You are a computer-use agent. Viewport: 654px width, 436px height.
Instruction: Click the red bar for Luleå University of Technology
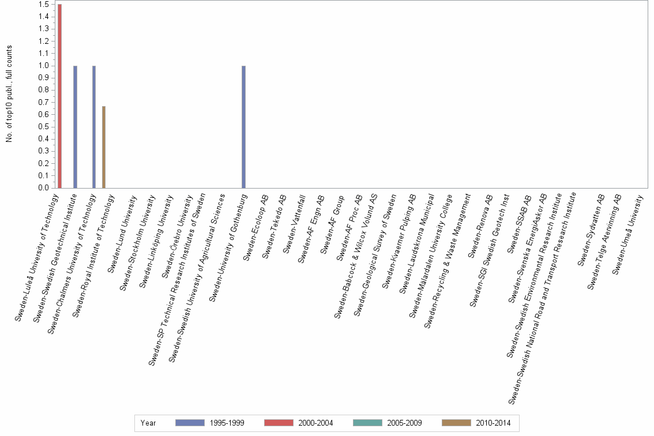point(59,96)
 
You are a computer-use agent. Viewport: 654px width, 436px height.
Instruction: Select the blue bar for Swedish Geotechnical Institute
point(75,127)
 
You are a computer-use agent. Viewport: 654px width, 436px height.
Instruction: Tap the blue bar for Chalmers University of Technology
point(94,127)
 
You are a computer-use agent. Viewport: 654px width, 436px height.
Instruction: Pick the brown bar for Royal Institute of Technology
point(104,147)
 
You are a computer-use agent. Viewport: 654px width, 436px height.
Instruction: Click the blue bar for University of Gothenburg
point(243,127)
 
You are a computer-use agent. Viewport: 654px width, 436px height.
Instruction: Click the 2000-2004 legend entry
point(298,423)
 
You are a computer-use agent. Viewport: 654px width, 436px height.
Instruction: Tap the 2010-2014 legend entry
point(476,423)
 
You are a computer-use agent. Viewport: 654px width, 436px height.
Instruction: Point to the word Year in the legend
point(148,423)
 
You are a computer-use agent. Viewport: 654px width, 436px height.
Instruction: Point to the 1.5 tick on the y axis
point(43,5)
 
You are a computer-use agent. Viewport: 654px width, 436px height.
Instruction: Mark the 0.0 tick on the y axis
point(43,188)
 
